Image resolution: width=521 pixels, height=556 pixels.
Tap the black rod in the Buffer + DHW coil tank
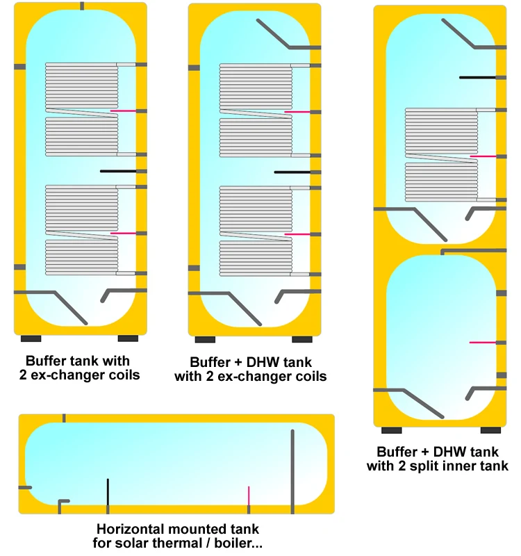[x=293, y=172]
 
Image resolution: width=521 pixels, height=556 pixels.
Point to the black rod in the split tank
[x=478, y=77]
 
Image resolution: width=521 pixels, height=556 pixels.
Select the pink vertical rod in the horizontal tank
[x=249, y=496]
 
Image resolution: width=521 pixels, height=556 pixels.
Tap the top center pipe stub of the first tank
[x=82, y=6]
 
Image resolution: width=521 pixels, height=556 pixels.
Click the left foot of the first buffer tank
[x=31, y=338]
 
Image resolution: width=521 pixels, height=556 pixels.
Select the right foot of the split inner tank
[x=490, y=430]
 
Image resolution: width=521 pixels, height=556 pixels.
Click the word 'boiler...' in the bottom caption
[x=235, y=543]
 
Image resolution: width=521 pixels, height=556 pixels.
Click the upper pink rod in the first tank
[x=123, y=111]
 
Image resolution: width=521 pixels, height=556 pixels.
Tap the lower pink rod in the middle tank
[x=297, y=235]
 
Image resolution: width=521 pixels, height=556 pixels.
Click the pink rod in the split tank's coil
[x=483, y=157]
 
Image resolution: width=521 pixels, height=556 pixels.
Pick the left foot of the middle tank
[x=205, y=340]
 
